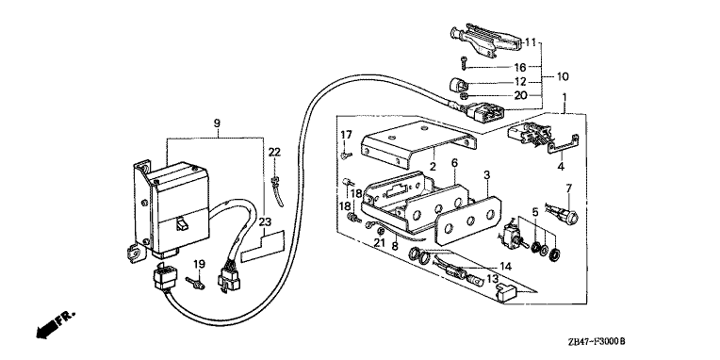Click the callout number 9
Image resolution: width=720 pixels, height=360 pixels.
pyautogui.click(x=217, y=123)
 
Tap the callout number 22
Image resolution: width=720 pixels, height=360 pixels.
pyautogui.click(x=274, y=152)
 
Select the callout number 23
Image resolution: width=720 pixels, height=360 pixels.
pyautogui.click(x=265, y=222)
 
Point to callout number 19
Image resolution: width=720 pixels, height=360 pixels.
pyautogui.click(x=199, y=265)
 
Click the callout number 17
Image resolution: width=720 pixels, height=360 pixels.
pyautogui.click(x=346, y=135)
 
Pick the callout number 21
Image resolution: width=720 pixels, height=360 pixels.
pyautogui.click(x=379, y=243)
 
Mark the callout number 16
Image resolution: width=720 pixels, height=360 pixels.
pyautogui.click(x=519, y=68)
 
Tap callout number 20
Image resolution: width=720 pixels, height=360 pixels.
pyautogui.click(x=520, y=95)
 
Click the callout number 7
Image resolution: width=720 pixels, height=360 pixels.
pyautogui.click(x=569, y=188)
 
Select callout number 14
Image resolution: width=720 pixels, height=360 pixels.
pyautogui.click(x=505, y=267)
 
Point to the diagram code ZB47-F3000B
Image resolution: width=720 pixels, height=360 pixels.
pyautogui.click(x=597, y=342)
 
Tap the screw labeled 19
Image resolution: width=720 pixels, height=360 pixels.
pyautogui.click(x=196, y=283)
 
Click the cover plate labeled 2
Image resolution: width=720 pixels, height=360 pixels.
pyautogui.click(x=417, y=144)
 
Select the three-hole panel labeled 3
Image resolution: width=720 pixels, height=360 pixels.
pyautogui.click(x=467, y=220)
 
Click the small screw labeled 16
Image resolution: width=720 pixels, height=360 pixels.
pyautogui.click(x=465, y=62)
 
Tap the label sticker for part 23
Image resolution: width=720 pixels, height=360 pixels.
pyautogui.click(x=262, y=248)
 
